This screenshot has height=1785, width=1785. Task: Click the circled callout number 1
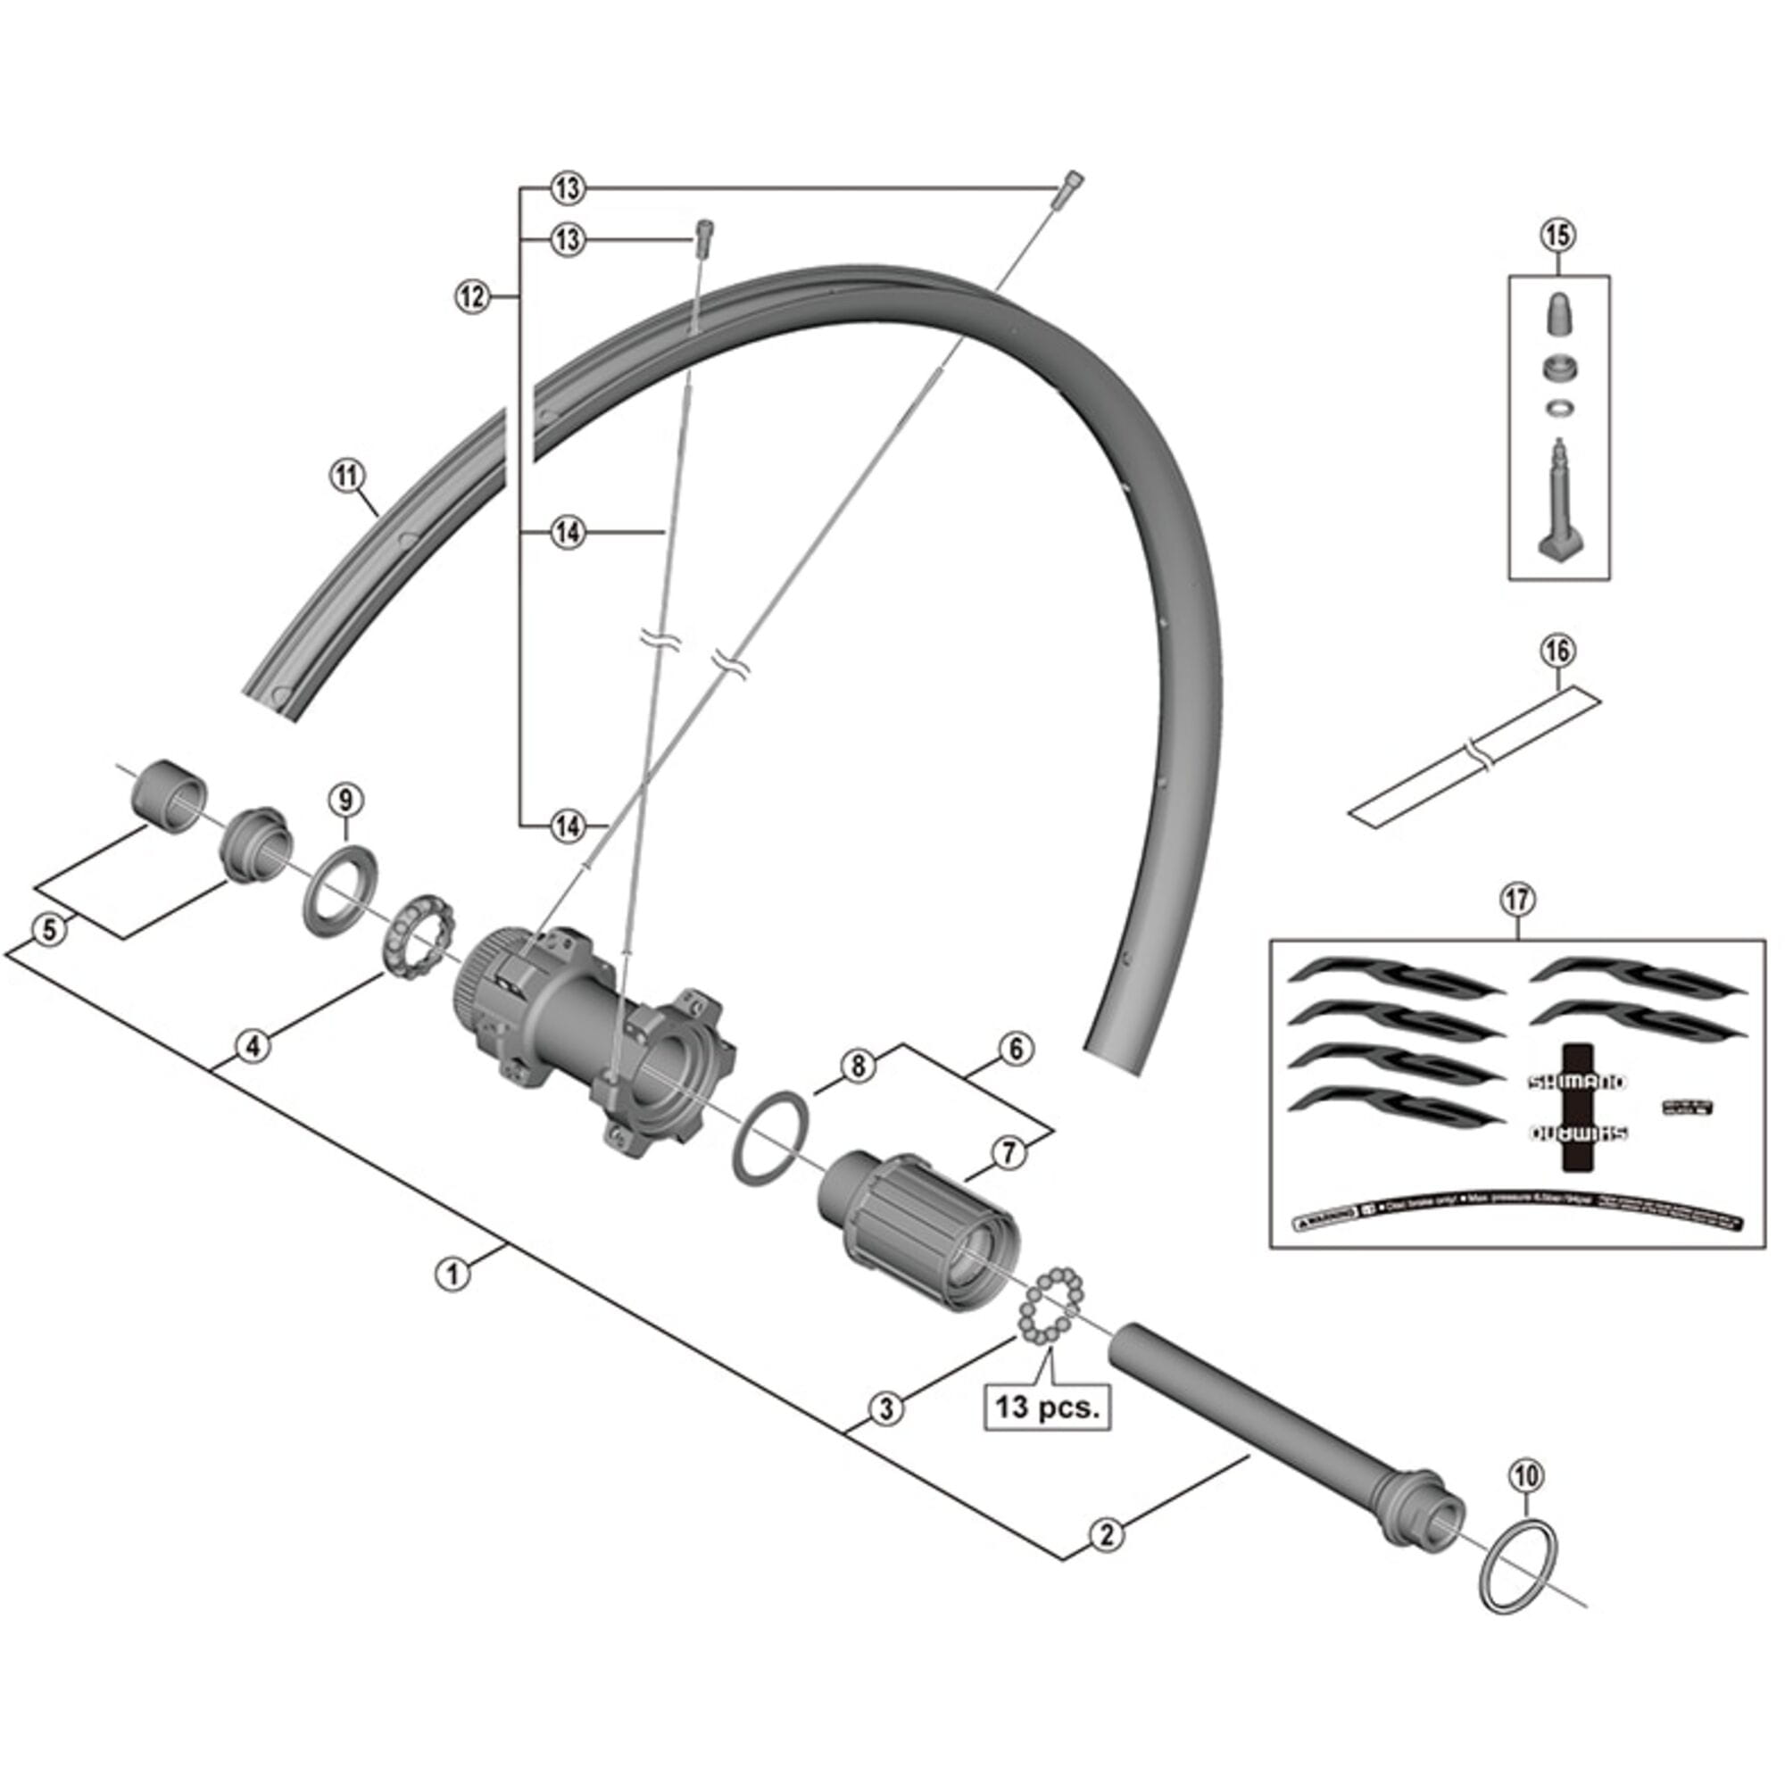point(452,1275)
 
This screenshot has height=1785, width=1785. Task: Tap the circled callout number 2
point(1107,1534)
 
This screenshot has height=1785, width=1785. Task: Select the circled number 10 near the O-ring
point(1526,1476)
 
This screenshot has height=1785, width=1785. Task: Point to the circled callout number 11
point(347,477)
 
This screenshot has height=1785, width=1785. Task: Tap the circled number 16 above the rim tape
point(1557,652)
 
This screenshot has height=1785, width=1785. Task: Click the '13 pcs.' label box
point(1048,1408)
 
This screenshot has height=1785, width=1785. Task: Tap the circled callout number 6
point(1016,1050)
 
